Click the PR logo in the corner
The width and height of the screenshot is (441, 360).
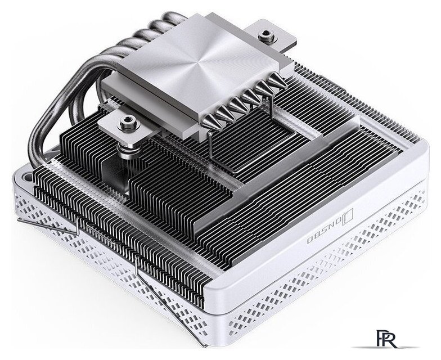click(387, 339)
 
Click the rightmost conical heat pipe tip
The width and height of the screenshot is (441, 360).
click(277, 82)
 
